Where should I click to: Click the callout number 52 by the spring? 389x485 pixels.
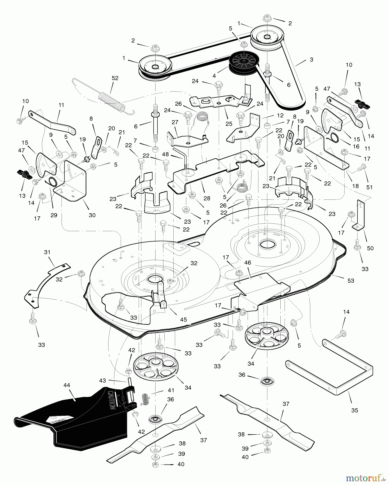[115, 78]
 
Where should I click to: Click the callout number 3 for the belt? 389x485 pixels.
[311, 60]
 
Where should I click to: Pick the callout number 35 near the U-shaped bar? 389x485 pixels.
[355, 410]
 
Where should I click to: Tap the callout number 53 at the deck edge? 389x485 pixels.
[351, 280]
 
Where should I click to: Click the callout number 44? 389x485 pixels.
[67, 385]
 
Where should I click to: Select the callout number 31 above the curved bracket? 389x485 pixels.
[47, 252]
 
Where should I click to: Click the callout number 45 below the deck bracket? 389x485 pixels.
[183, 320]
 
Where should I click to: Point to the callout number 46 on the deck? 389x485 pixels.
[247, 262]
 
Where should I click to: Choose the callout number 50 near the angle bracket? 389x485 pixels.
[370, 248]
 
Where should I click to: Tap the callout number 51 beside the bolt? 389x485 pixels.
[369, 187]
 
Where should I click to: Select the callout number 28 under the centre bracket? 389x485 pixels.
[207, 199]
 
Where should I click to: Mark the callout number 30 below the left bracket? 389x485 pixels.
[92, 215]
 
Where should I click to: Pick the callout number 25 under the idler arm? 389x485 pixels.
[229, 124]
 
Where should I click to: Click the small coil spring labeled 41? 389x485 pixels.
[145, 398]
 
